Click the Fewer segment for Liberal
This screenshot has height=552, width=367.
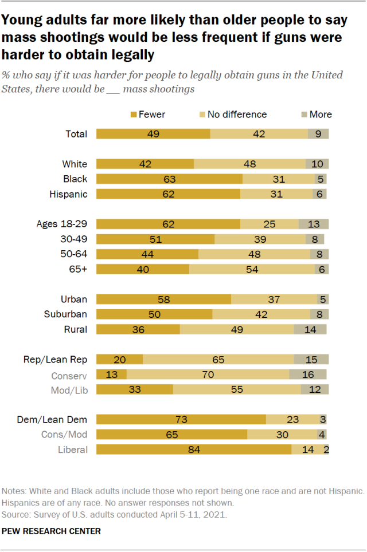(x=193, y=450)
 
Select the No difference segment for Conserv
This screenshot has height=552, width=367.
(x=208, y=374)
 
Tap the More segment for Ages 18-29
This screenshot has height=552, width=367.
(x=313, y=224)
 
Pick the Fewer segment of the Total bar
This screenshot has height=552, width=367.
(x=153, y=134)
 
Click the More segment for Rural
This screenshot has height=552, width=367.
(x=310, y=329)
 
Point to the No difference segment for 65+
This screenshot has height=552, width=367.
(x=252, y=269)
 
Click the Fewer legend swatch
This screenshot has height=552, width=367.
(x=134, y=115)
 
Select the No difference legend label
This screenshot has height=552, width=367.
(x=237, y=115)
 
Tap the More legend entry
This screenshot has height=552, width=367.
(x=315, y=115)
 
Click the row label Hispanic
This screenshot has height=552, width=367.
(x=69, y=194)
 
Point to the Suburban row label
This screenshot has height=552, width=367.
(x=65, y=314)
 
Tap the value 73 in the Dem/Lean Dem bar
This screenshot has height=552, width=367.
(x=181, y=420)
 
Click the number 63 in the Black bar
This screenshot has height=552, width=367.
(x=169, y=179)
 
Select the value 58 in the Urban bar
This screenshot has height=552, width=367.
(x=163, y=299)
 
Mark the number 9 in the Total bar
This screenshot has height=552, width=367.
(x=318, y=134)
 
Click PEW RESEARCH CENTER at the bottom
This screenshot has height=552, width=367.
(x=52, y=531)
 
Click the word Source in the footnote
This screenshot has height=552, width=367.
(x=15, y=514)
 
